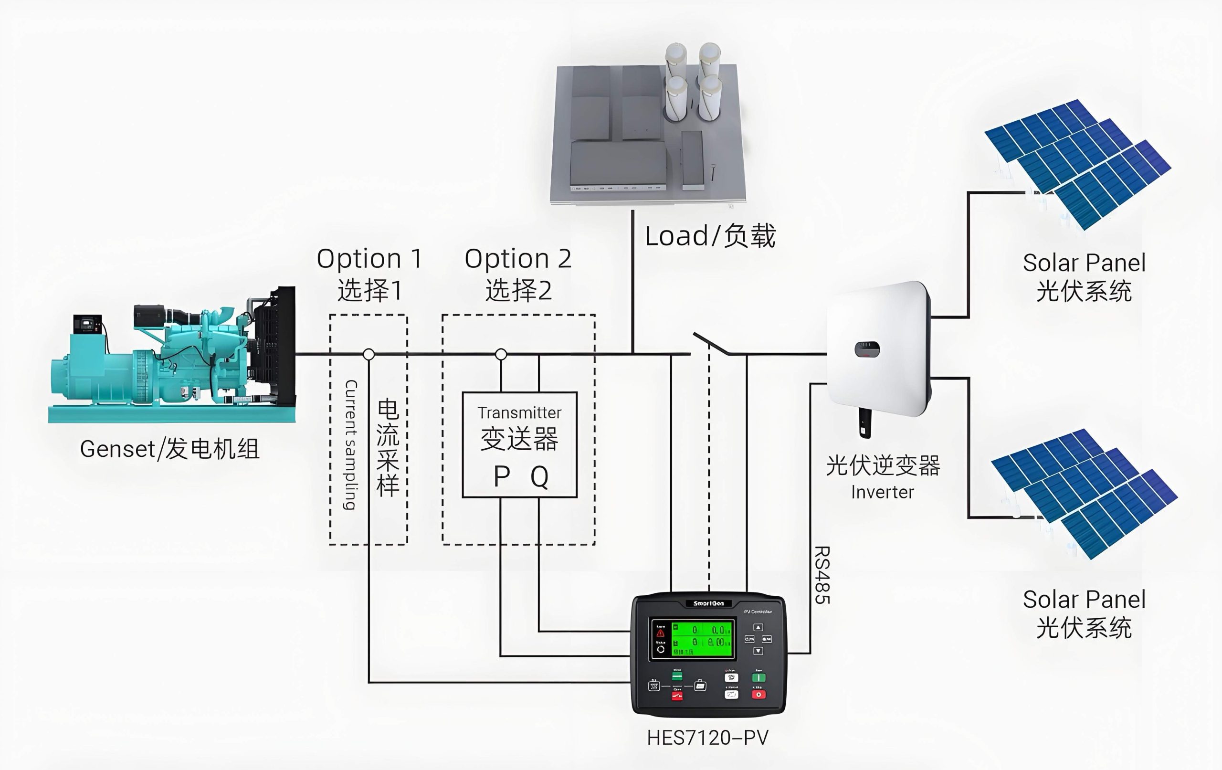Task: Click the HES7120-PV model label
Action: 707,738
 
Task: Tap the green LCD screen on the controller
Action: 702,639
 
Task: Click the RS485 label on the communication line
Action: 822,575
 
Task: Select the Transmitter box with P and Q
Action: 519,444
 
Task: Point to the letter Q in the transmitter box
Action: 539,477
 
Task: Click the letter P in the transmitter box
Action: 501,477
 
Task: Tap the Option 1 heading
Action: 369,259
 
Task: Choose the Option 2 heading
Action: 517,259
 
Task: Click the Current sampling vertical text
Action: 351,444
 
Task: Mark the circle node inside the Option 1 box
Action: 369,354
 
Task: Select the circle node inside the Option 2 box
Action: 501,354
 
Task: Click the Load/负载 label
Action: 710,236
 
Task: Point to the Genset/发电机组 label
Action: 170,449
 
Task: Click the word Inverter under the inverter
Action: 883,492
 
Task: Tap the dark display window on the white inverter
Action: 867,349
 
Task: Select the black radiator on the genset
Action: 276,345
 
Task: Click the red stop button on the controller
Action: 758,695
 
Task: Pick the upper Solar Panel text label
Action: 1084,263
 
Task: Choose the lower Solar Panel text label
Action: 1084,600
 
